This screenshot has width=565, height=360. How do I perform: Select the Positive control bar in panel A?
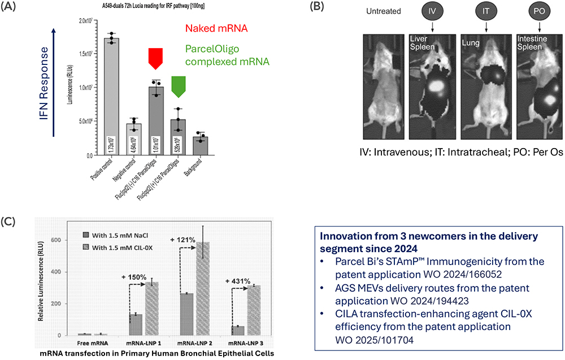click(x=115, y=96)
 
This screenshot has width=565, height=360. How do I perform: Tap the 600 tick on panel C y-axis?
click(x=55, y=240)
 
